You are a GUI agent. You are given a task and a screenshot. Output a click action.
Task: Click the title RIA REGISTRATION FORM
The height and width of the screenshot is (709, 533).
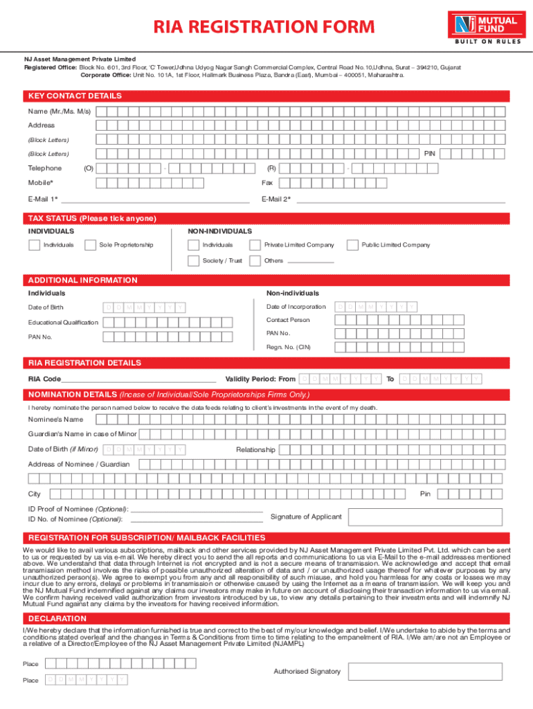coord(264,27)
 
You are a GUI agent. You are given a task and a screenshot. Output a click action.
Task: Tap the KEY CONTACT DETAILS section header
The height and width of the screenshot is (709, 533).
coord(75,96)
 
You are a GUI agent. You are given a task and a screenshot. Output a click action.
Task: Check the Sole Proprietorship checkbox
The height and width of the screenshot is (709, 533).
coord(90,244)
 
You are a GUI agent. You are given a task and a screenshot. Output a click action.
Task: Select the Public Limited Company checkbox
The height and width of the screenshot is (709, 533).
coord(352,244)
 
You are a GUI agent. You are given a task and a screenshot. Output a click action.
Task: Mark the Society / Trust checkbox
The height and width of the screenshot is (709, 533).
coord(194,261)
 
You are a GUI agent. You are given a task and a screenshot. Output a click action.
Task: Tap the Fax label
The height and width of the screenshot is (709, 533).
coord(266,183)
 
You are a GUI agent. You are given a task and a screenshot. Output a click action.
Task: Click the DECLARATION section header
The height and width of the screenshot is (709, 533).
coord(57,618)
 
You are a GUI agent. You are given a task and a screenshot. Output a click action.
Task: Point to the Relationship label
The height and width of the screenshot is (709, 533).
coord(255,450)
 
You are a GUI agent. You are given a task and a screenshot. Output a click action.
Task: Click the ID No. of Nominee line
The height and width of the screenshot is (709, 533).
coord(197,519)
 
